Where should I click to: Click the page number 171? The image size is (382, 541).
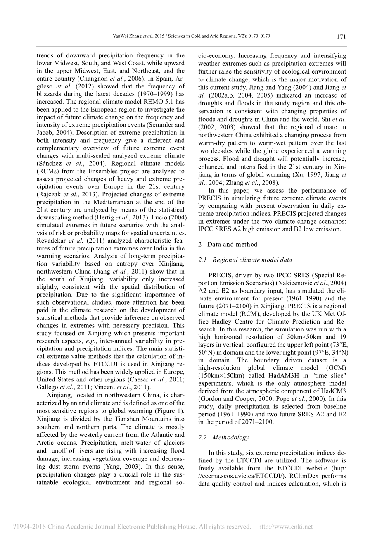pos(341,37)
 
